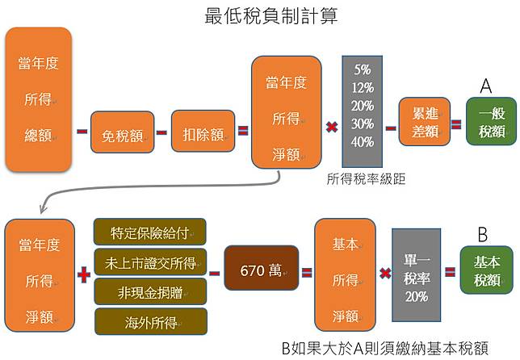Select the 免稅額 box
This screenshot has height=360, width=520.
(121, 132)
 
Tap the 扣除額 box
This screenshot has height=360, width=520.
(204, 132)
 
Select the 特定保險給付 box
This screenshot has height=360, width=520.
(150, 232)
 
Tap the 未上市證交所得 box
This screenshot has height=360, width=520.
(150, 262)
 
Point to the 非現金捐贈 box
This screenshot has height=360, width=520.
(150, 291)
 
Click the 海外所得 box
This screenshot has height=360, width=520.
(150, 321)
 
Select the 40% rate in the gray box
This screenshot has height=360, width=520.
(363, 140)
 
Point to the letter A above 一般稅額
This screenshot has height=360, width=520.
(486, 86)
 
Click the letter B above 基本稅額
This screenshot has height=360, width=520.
(483, 235)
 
